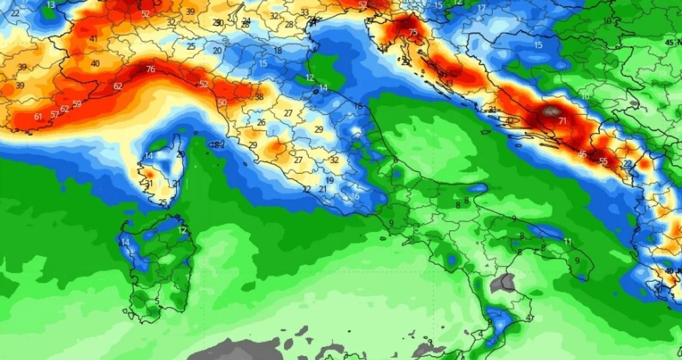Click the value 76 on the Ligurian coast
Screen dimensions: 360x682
coord(151,70)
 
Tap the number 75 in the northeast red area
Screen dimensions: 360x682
coord(413,33)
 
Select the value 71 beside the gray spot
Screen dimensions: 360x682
coord(562,121)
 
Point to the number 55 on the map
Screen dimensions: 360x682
coord(603,161)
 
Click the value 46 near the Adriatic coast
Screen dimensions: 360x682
coord(582,154)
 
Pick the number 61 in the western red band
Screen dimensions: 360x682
coord(38,117)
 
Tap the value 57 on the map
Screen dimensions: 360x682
coord(55,114)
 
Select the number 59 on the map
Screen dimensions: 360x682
coord(77,104)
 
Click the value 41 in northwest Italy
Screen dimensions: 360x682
coord(93,39)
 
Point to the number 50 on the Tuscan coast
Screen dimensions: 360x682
coord(222,103)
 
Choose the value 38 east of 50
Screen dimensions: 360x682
coord(259,97)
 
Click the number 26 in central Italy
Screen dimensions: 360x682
coord(261,123)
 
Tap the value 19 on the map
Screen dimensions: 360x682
coord(330,181)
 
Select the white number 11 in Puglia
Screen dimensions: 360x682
coord(568,242)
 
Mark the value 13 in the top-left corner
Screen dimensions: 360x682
coord(51,5)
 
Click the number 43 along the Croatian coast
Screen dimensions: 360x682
coord(448,83)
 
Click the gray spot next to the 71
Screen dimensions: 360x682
coord(549,111)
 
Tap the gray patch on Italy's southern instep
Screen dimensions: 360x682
coord(502,283)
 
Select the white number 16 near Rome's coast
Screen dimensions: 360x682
coord(356,197)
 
